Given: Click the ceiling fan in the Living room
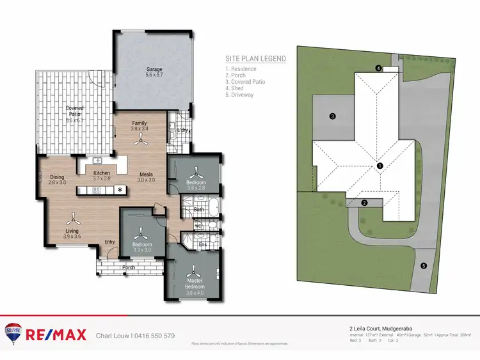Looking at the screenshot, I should coord(76,217).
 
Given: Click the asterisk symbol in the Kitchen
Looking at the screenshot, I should coord(119,190).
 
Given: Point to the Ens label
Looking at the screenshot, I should coord(203,244).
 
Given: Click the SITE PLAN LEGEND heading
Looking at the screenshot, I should coord(255,58).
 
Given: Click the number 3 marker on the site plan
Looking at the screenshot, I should coord(332,116).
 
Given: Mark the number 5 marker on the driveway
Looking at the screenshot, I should coord(423,265).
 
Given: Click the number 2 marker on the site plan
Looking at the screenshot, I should coord(364,203).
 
